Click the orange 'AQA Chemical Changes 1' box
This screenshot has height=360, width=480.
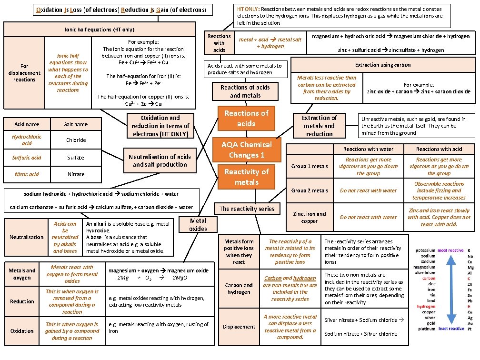click(246, 150)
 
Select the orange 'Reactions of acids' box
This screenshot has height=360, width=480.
click(246, 118)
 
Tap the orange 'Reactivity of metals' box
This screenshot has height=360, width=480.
click(246, 177)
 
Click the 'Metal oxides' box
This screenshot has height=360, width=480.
click(198, 224)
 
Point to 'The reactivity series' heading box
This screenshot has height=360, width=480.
click(247, 209)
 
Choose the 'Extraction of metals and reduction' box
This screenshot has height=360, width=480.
click(319, 126)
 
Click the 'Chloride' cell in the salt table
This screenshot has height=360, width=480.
click(76, 140)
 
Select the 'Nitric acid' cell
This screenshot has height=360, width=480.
click(27, 174)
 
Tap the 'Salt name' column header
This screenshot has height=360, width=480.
click(76, 124)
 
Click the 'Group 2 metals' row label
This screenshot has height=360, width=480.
click(310, 190)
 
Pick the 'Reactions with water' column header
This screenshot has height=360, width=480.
click(368, 149)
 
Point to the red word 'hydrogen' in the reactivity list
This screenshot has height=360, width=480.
click(426, 306)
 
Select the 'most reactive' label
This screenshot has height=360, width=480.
click(450, 250)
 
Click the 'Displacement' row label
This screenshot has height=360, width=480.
click(239, 327)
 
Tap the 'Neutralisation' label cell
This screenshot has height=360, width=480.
click(27, 237)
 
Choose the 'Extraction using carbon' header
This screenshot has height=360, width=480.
click(382, 65)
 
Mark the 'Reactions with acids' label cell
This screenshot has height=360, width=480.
click(219, 43)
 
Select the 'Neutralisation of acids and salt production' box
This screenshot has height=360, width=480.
click(160, 160)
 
